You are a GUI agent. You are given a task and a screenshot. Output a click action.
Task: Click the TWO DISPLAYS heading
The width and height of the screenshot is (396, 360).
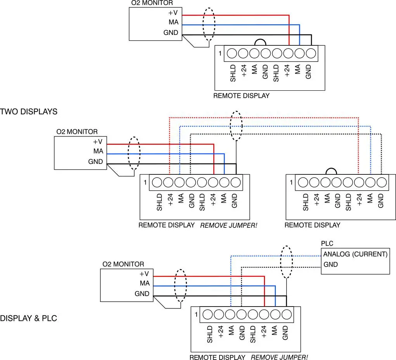pyautogui.click(x=29, y=112)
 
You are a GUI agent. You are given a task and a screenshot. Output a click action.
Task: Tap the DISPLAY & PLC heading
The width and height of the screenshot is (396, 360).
pyautogui.click(x=28, y=318)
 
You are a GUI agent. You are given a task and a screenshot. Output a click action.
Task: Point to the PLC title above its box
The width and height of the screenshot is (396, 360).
pyautogui.click(x=327, y=243)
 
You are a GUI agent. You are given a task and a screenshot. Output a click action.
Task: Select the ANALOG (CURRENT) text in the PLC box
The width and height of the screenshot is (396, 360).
pyautogui.click(x=355, y=254)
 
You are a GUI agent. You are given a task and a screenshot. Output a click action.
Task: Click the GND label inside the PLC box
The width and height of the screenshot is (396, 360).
pyautogui.click(x=330, y=264)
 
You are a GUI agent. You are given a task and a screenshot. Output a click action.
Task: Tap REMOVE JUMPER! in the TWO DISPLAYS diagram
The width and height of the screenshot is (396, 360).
pyautogui.click(x=228, y=225)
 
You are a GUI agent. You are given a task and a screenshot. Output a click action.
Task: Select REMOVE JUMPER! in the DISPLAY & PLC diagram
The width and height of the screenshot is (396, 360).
pyautogui.click(x=279, y=357)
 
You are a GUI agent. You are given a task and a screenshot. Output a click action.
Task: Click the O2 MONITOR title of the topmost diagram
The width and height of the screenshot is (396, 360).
pyautogui.click(x=152, y=3)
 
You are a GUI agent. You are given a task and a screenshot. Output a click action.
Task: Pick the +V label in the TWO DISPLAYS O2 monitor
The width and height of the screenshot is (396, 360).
pyautogui.click(x=98, y=142)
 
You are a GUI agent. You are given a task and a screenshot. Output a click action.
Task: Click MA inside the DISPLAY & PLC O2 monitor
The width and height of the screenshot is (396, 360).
pyautogui.click(x=145, y=283)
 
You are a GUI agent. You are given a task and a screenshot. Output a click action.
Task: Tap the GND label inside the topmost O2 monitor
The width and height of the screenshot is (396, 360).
pyautogui.click(x=171, y=33)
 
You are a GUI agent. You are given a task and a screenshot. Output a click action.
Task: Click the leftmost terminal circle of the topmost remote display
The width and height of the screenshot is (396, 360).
pyautogui.click(x=232, y=53)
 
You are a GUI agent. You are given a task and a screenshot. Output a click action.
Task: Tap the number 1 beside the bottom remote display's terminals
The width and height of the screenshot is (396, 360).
pyautogui.click(x=196, y=314)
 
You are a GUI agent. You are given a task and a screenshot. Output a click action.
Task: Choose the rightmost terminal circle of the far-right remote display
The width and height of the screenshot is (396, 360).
pyautogui.click(x=382, y=183)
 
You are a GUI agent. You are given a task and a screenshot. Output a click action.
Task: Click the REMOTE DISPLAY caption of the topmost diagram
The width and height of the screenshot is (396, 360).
pyautogui.click(x=241, y=96)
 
